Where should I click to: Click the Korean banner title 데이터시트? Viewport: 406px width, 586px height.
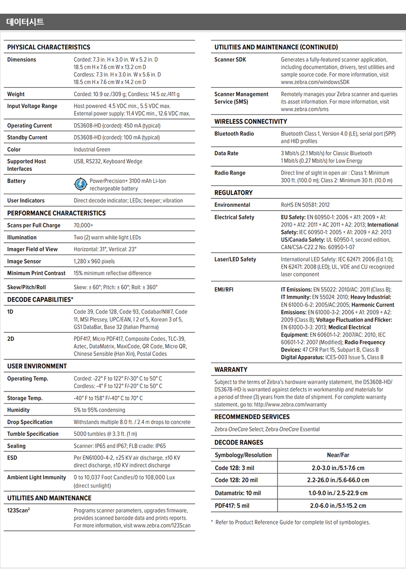(x=25, y=22)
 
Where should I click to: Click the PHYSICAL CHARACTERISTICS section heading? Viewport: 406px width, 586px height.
(x=49, y=47)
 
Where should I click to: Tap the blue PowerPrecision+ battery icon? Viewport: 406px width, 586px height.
(x=81, y=184)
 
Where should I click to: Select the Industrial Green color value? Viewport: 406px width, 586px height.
(x=92, y=150)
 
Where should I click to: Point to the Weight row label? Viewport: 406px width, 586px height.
(x=16, y=94)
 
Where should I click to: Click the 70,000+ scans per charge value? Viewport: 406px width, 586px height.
(x=84, y=226)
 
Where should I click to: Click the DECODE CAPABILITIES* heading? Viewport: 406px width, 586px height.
(x=40, y=300)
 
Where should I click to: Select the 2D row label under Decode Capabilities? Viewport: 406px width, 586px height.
(x=10, y=339)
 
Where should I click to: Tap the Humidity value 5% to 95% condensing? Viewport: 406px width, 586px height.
(x=99, y=410)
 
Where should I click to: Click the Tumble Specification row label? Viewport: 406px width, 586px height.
(x=33, y=434)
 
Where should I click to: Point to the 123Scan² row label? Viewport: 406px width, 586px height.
(x=18, y=510)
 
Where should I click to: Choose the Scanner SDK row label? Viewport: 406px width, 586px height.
(x=230, y=60)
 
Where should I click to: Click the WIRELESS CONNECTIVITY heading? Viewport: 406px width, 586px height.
(x=251, y=122)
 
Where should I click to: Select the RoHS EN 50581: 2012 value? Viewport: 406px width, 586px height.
(x=305, y=205)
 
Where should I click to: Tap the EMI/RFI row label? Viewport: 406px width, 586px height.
(x=224, y=289)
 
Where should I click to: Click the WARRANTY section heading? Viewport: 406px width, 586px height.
(x=231, y=370)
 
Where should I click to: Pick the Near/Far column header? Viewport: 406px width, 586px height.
(x=338, y=455)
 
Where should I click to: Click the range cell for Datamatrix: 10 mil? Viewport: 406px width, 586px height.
(x=338, y=493)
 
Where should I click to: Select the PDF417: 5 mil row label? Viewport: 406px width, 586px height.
(x=232, y=506)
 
